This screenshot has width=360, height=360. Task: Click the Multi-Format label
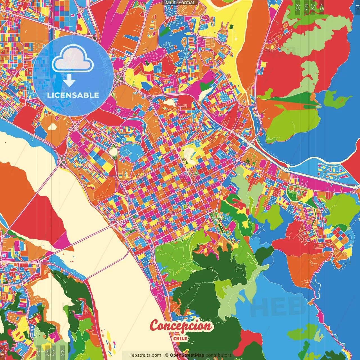(180, 3)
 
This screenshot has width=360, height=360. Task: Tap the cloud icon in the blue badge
(73, 58)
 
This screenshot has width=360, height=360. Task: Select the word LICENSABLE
(73, 95)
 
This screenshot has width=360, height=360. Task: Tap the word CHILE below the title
(180, 338)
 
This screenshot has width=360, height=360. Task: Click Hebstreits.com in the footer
(145, 355)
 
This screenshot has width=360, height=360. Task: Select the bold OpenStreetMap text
(187, 355)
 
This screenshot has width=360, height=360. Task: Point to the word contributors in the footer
(219, 355)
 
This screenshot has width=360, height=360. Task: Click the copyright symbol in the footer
(167, 355)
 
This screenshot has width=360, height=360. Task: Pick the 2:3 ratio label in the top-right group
(298, 7)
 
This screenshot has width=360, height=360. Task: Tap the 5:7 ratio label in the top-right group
(306, 7)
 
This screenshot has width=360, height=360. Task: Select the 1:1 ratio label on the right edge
(357, 7)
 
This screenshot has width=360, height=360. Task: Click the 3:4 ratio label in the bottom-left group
(47, 352)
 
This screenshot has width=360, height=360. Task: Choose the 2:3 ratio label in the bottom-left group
(62, 352)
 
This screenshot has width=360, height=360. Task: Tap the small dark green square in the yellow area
(231, 27)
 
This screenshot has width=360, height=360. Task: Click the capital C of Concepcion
(156, 326)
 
